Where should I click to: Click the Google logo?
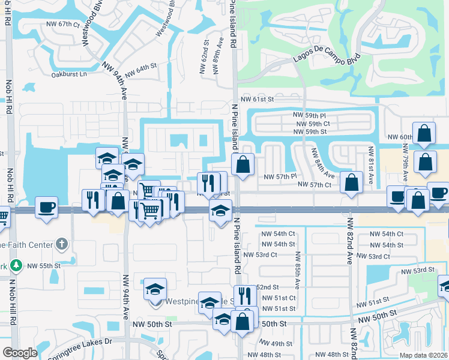pyautogui.click(x=20, y=353)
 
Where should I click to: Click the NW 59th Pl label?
pyautogui.click(x=311, y=115)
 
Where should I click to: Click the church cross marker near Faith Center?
pyautogui.click(x=61, y=244)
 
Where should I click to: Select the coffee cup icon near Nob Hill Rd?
pyautogui.click(x=46, y=207)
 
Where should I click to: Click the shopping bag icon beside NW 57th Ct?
pyautogui.click(x=351, y=182)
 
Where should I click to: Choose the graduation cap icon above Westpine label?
pyautogui.click(x=155, y=289)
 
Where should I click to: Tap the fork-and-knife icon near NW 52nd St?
pyautogui.click(x=244, y=295)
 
